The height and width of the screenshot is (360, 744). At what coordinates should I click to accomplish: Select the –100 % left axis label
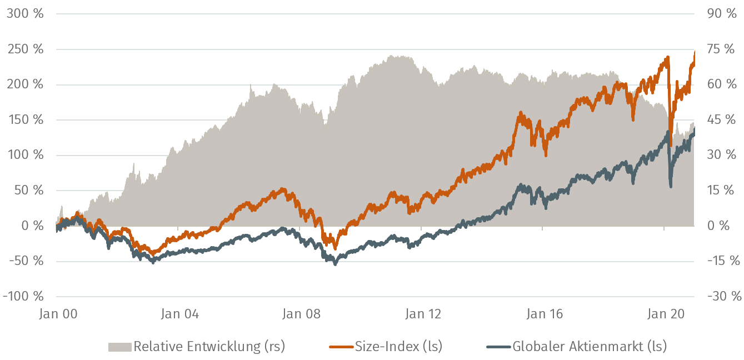(23, 296)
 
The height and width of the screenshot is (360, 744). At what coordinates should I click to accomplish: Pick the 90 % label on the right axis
(722, 14)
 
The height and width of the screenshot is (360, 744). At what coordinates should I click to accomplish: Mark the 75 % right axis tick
(722, 49)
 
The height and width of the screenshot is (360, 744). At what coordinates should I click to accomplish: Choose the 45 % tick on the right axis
(722, 120)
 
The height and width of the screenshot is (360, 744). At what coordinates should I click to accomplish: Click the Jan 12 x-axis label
(423, 314)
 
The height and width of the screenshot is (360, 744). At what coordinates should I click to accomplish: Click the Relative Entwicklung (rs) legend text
(209, 347)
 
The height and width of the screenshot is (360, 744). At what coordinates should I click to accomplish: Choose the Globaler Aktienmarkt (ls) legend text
(589, 347)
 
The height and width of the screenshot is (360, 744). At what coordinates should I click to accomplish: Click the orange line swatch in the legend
(342, 347)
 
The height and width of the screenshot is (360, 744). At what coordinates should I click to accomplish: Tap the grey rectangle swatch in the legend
(119, 347)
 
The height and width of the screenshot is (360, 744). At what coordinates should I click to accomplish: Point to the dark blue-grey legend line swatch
(498, 347)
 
